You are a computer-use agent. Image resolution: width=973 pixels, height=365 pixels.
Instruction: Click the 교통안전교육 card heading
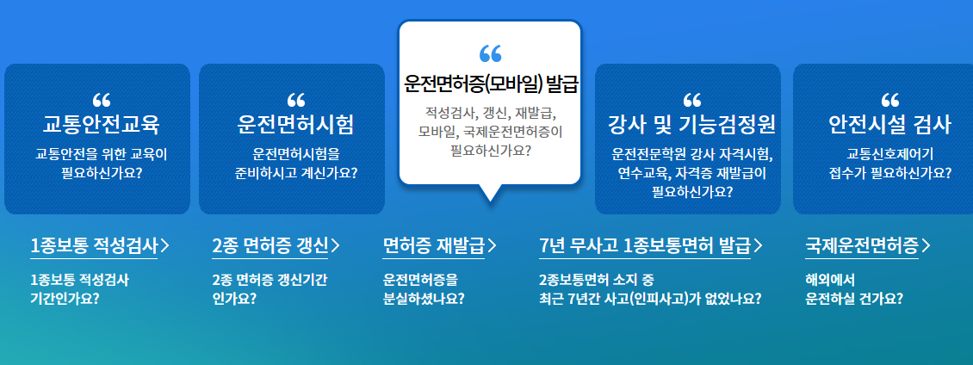tap(102, 125)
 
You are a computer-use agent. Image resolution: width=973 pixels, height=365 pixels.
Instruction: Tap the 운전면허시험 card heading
tap(295, 125)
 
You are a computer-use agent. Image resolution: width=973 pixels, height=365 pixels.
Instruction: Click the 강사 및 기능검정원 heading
tap(691, 125)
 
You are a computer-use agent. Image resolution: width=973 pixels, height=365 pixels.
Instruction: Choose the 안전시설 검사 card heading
tap(889, 125)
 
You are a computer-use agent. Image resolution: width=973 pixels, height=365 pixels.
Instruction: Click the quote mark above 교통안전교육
tap(101, 99)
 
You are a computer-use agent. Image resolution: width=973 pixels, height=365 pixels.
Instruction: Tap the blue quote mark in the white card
tap(490, 53)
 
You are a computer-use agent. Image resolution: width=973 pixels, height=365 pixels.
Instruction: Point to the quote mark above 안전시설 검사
tap(890, 99)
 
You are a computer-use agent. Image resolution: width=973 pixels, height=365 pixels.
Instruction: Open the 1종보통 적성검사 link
tap(94, 245)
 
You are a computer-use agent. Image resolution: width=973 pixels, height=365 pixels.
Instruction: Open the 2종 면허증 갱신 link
tap(270, 245)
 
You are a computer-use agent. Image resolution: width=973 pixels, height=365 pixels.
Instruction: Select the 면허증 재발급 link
tap(433, 245)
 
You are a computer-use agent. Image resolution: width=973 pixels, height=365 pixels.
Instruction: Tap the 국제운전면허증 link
tap(862, 245)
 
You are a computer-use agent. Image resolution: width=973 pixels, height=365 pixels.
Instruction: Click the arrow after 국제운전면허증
tap(926, 245)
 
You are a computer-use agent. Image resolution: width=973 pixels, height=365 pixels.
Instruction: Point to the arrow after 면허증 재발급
tap(492, 245)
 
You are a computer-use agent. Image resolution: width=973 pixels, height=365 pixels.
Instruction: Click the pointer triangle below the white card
tap(490, 193)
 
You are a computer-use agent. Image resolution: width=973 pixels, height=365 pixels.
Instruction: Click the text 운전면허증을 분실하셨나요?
tap(424, 289)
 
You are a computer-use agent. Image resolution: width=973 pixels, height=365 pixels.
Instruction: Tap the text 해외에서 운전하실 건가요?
tap(854, 289)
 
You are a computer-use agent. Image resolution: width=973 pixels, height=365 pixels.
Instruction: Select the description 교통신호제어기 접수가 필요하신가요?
tap(889, 164)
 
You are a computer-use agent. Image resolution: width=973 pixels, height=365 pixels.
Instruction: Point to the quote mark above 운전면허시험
tap(296, 99)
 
